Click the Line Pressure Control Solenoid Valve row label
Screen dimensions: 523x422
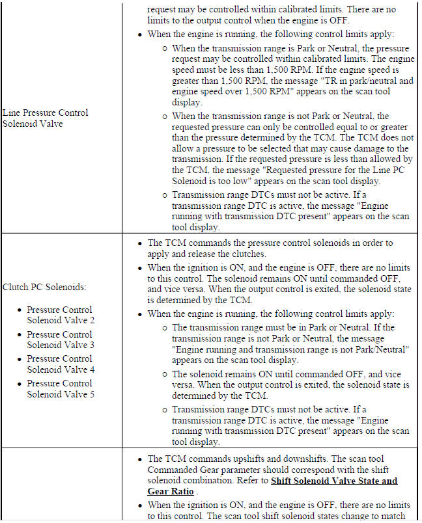(x=45, y=118)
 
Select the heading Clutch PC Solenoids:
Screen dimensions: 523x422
(x=44, y=287)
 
